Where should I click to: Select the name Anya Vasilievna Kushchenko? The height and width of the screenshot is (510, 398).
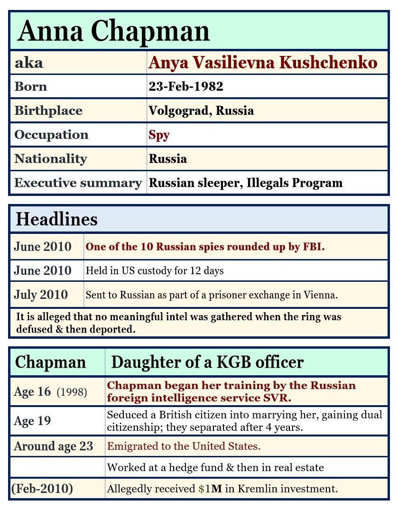point(263,63)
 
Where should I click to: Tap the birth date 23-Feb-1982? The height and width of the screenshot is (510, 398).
point(186,87)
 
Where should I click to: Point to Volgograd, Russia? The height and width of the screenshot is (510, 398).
point(201,111)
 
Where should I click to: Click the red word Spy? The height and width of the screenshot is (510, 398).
point(159,135)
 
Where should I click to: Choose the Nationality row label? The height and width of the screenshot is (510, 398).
point(51,158)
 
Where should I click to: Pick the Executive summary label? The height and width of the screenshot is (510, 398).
point(78,183)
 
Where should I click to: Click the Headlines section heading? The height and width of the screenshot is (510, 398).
point(56,219)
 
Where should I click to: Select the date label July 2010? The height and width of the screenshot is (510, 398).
point(41,295)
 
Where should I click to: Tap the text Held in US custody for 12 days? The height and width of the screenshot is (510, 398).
point(155,271)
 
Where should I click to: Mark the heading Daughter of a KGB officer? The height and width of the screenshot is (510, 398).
point(207,362)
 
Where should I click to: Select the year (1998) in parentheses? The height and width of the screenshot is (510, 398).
point(72,392)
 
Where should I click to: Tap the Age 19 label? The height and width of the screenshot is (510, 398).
point(32,421)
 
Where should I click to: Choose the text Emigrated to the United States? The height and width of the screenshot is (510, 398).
point(184,446)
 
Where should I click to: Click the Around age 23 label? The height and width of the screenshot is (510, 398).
point(54,446)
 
